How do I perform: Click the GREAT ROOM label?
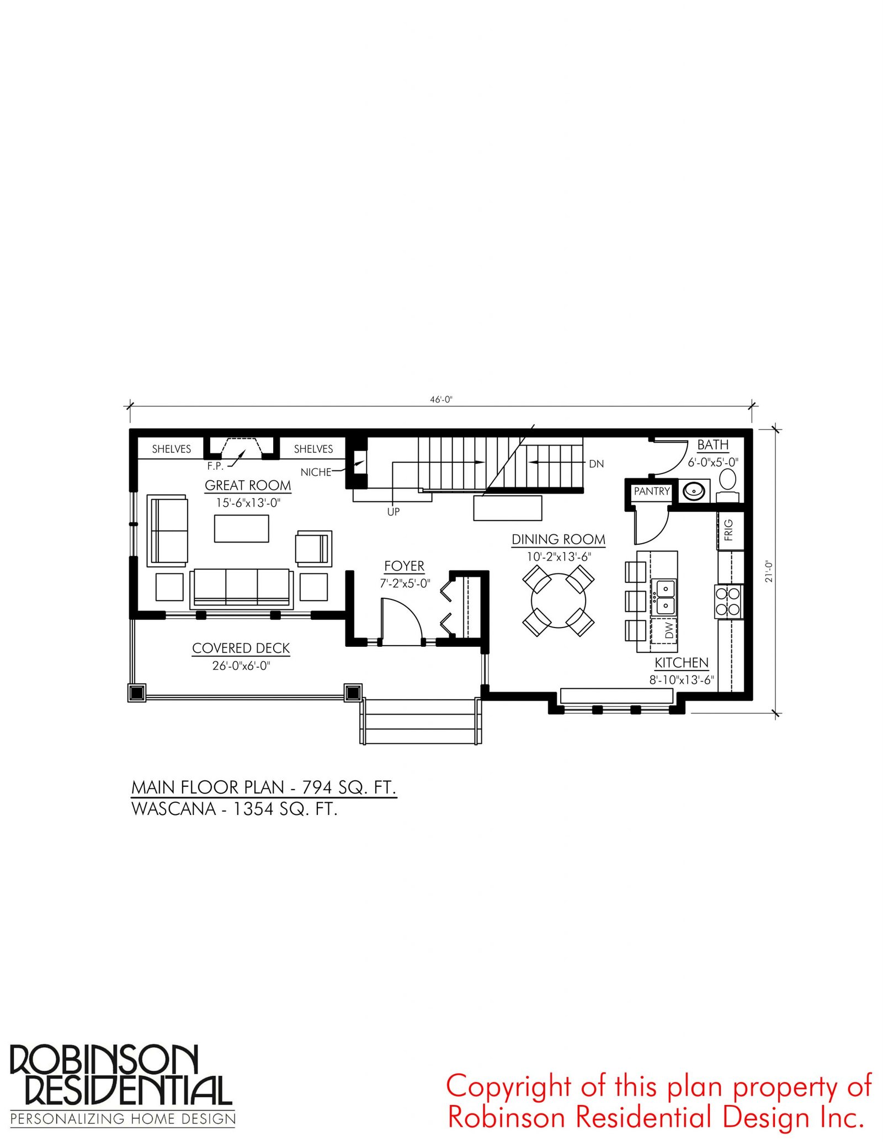248,485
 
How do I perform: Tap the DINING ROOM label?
558,539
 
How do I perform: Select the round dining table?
558,601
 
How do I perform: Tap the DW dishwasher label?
669,630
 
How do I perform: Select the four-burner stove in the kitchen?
728,601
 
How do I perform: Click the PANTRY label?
652,491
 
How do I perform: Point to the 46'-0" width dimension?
441,400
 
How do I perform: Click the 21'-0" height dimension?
769,571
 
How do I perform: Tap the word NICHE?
316,473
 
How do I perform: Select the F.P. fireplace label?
215,467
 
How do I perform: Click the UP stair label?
393,512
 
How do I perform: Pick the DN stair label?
597,464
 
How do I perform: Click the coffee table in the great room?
242,528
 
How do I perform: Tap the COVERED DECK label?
241,648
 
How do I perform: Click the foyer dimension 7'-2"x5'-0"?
405,583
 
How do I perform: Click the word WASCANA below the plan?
173,809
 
